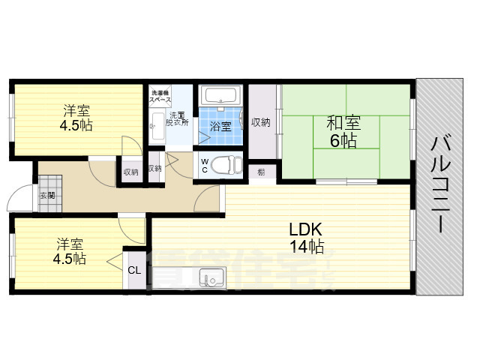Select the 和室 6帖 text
click(341, 131)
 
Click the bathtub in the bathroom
click(220, 96)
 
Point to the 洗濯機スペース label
click(160, 95)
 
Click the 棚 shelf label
click(260, 172)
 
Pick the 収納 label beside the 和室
click(261, 122)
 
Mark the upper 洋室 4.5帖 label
click(77, 117)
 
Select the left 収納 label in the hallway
click(130, 172)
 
